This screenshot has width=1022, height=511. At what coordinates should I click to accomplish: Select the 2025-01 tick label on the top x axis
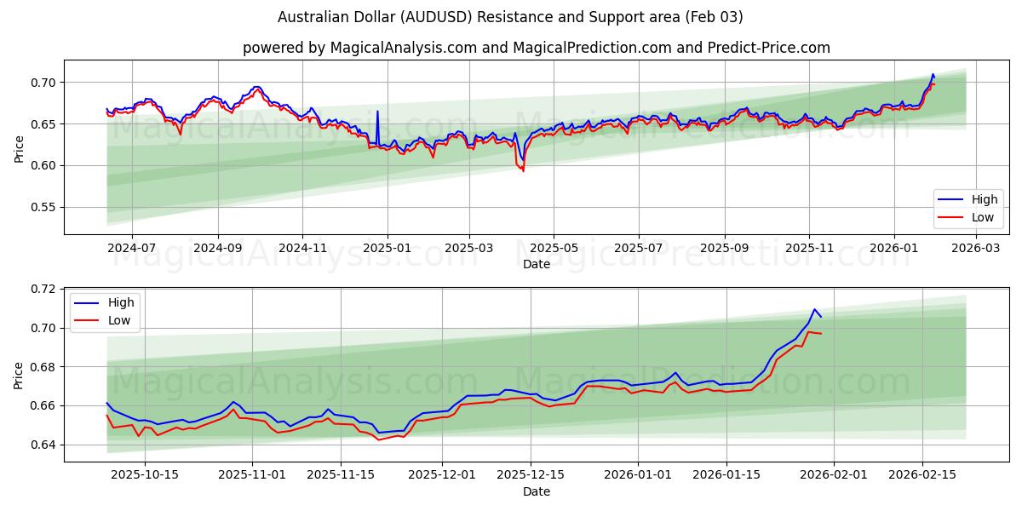[x=387, y=248]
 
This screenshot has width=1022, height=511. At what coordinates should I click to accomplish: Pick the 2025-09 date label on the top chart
[x=724, y=248]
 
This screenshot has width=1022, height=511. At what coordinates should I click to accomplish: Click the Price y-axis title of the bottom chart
[x=19, y=375]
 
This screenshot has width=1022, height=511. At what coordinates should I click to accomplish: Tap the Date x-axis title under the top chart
[x=537, y=264]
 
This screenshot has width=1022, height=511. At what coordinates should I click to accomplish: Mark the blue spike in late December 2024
[x=377, y=112]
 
